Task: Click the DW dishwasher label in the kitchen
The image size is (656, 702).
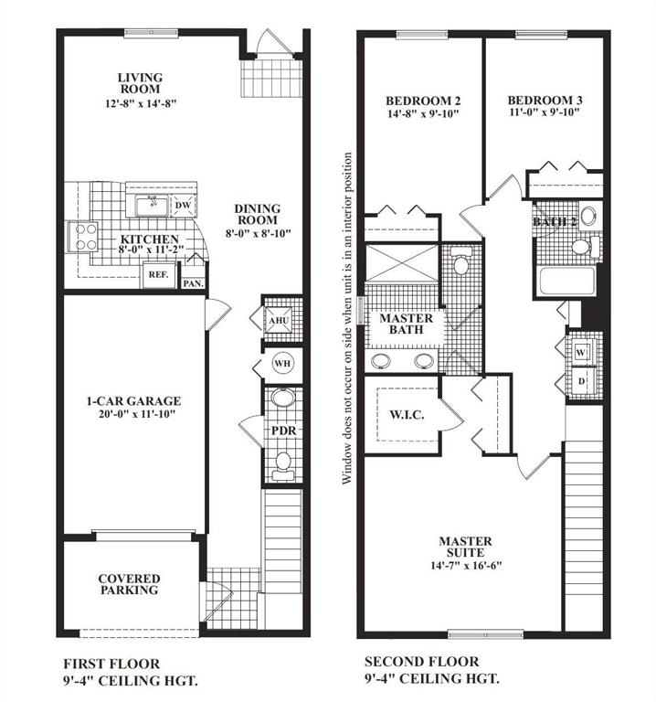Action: (x=183, y=206)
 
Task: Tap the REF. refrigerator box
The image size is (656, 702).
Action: (x=159, y=274)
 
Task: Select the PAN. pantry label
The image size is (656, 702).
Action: (x=194, y=283)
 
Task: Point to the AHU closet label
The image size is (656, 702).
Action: (x=279, y=321)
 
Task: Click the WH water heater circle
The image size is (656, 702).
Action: (x=282, y=363)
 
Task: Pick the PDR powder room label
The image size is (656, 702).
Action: (x=284, y=431)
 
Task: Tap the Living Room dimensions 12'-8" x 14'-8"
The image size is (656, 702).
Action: (x=141, y=103)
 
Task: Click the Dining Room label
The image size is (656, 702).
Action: (x=258, y=214)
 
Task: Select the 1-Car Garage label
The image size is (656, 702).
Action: (x=133, y=400)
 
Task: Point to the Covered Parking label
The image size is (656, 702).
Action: (x=130, y=584)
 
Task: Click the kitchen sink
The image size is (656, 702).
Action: (x=153, y=207)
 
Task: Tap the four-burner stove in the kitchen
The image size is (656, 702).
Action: (x=83, y=237)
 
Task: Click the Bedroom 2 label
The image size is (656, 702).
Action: (x=423, y=101)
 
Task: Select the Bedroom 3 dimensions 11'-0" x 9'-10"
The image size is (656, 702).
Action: (x=545, y=112)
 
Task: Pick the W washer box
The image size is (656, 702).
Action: (x=581, y=352)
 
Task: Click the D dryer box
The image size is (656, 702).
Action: (x=582, y=381)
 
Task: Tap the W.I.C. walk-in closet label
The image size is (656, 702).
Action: (x=407, y=415)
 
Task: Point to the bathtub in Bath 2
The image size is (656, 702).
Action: (x=566, y=282)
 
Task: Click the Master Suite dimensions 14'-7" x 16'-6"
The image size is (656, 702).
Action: (x=466, y=566)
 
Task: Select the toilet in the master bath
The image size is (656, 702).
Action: (x=460, y=261)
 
